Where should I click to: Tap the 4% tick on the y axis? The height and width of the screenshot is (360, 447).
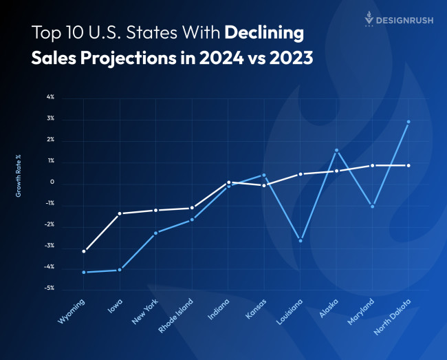coord(50,98)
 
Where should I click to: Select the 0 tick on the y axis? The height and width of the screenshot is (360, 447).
coord(52,182)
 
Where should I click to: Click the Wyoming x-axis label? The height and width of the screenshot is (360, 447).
coord(73,313)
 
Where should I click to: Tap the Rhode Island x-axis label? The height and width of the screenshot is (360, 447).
coord(177,315)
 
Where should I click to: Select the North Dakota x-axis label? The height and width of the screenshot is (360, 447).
coord(393,315)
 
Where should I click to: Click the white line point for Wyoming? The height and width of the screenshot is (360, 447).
coord(84,251)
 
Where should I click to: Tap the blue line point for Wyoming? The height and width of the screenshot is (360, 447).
coord(84,273)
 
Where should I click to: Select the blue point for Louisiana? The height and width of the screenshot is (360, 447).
coord(301,241)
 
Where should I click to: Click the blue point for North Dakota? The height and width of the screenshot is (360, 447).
coord(408,122)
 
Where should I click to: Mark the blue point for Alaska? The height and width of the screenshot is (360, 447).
coord(336,150)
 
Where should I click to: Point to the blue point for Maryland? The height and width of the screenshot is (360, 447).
coord(373,207)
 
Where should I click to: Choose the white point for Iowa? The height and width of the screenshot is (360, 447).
coord(120,213)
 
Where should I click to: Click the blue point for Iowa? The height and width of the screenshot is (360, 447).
coord(120,270)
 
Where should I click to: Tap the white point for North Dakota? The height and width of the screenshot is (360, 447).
coord(408,165)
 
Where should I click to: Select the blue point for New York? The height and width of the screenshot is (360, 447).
coord(156,233)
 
